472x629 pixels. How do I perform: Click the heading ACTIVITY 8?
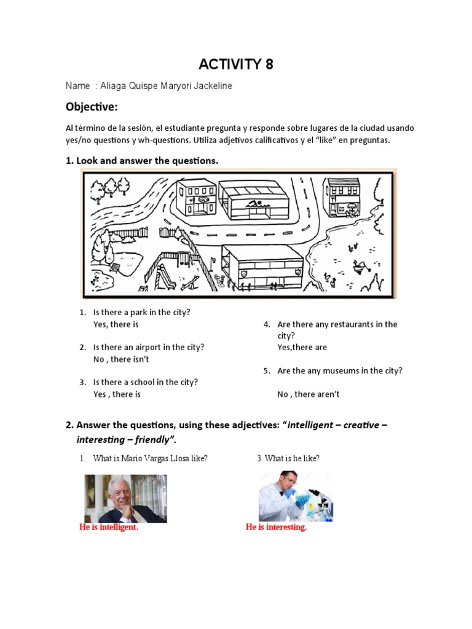(235, 64)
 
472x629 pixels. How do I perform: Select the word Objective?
(91, 107)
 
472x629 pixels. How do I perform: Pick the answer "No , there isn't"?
(121, 359)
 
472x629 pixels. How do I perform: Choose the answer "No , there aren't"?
(309, 394)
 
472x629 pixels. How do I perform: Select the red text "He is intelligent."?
(109, 528)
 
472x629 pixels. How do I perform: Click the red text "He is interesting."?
(276, 528)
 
